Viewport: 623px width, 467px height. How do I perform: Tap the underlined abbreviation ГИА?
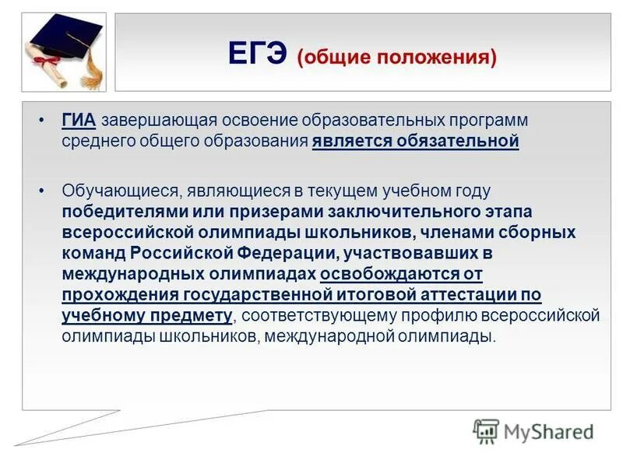[x=79, y=121]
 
